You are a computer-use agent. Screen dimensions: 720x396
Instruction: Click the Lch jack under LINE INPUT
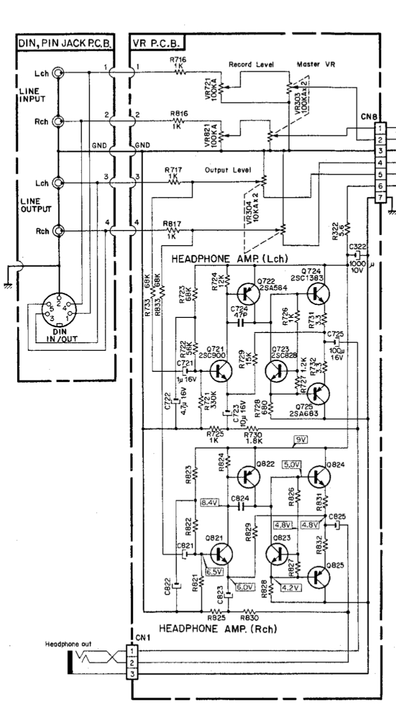point(57,73)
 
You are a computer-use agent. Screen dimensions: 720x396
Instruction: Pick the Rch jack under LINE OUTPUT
point(57,232)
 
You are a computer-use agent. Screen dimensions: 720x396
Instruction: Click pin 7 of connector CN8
point(381,198)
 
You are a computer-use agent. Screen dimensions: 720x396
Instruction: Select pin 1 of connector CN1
point(130,650)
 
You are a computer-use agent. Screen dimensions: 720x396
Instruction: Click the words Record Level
point(249,64)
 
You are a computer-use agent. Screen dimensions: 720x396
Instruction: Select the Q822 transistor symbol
point(248,476)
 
